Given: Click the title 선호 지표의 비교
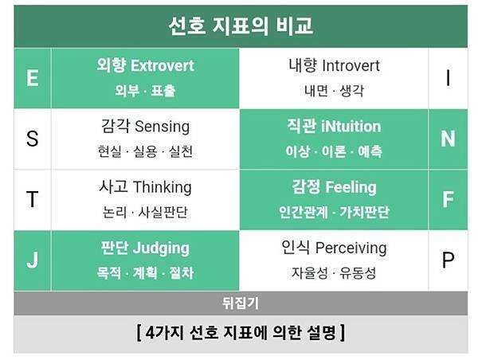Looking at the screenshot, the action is click(x=241, y=26).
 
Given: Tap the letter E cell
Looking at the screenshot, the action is click(x=33, y=78).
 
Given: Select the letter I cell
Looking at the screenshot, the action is click(x=448, y=78).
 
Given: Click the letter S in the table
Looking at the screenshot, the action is click(x=33, y=139).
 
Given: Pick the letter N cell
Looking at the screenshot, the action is click(x=448, y=139).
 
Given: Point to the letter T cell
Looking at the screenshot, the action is click(x=33, y=199).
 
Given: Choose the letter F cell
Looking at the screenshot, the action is click(x=448, y=199).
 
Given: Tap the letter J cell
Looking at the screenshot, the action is click(x=33, y=260).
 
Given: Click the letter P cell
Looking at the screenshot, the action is click(x=448, y=260).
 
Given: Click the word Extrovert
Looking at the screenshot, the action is click(x=163, y=65).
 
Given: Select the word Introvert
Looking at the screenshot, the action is click(x=351, y=65).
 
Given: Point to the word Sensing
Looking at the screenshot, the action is click(x=163, y=127).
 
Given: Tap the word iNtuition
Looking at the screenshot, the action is click(x=351, y=127).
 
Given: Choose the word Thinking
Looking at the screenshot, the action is click(x=163, y=187).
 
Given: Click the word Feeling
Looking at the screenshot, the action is click(x=351, y=187).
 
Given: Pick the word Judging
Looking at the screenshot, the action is click(x=161, y=248).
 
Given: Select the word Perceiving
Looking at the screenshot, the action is click(x=351, y=248).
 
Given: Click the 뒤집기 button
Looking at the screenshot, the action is click(x=241, y=303).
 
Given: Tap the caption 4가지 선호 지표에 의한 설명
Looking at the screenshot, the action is click(x=241, y=333).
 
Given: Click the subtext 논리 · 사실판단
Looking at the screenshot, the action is click(x=145, y=212).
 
